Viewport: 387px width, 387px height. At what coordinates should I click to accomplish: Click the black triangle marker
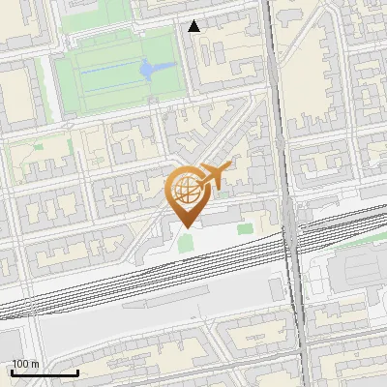click(x=194, y=26)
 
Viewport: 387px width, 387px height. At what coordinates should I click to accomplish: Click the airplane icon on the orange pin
click(x=214, y=175)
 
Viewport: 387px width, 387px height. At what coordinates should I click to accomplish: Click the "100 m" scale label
click(x=25, y=364)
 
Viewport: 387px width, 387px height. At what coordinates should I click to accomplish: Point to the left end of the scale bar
click(x=12, y=372)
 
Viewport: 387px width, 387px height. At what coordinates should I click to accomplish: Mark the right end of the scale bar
click(x=77, y=372)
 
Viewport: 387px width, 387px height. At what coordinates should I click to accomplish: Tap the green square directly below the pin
click(x=185, y=242)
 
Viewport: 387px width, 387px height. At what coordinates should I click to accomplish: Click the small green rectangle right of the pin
click(x=245, y=229)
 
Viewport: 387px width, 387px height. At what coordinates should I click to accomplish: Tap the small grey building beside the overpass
click(x=278, y=287)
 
